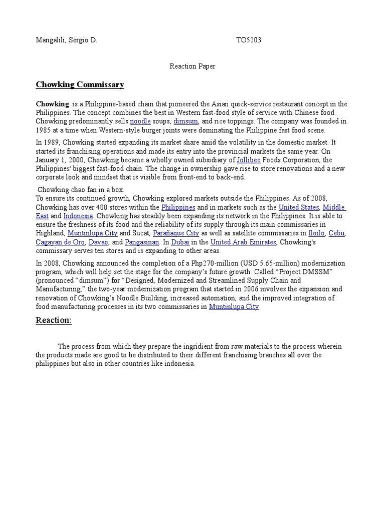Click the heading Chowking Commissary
[80, 84]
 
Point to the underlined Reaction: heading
[54, 320]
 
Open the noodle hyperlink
[140, 121]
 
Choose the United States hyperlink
[299, 207]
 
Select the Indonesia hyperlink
[78, 216]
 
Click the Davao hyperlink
[98, 242]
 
